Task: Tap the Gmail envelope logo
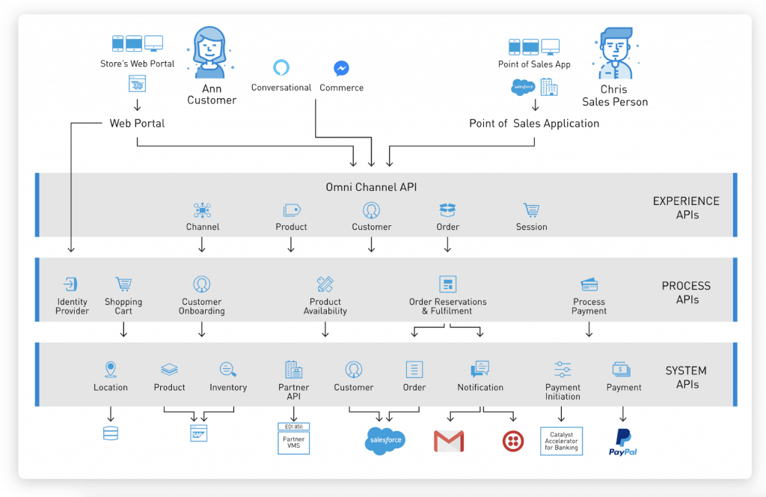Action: [x=449, y=441]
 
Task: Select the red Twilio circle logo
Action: [x=512, y=441]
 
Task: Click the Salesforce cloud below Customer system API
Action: [x=386, y=440]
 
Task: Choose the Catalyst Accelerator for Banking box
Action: [x=561, y=441]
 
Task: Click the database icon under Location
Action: [x=110, y=433]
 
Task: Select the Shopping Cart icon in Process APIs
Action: [x=123, y=284]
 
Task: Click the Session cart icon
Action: [x=531, y=210]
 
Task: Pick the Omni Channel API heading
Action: [x=371, y=187]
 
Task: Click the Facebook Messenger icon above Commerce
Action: [x=341, y=68]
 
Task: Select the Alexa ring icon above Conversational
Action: [x=281, y=68]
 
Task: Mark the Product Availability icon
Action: [x=325, y=284]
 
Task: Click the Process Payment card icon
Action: [x=589, y=284]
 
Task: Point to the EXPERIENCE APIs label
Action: [x=686, y=207]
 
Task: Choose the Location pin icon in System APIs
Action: [x=111, y=369]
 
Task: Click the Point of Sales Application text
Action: [x=534, y=124]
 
